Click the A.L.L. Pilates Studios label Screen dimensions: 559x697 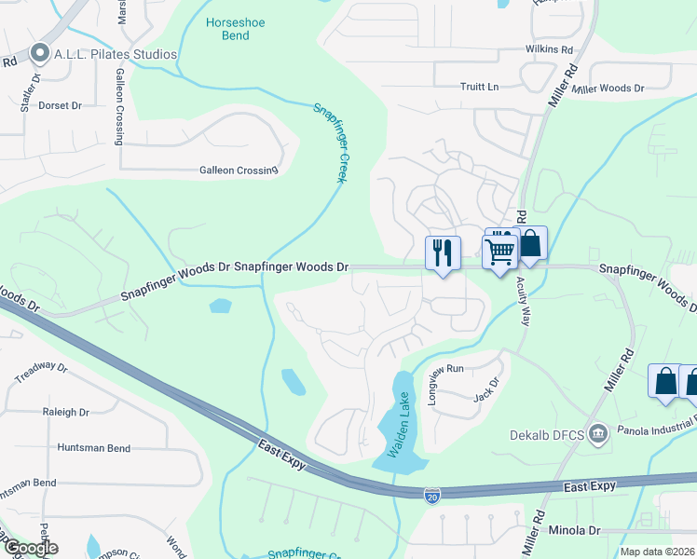click(114, 54)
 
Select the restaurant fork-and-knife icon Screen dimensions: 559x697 click(443, 252)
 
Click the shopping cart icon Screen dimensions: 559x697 click(500, 249)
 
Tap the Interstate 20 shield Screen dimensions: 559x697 click(432, 493)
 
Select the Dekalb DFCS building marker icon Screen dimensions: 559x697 click(598, 433)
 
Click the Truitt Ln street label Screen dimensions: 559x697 click(480, 87)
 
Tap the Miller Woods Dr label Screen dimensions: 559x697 click(608, 89)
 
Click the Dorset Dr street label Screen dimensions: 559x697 click(61, 105)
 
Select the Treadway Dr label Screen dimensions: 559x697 click(41, 372)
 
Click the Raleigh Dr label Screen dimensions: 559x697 click(65, 411)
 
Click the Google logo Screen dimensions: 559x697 click(30, 548)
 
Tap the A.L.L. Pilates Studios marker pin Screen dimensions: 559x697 click(38, 54)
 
